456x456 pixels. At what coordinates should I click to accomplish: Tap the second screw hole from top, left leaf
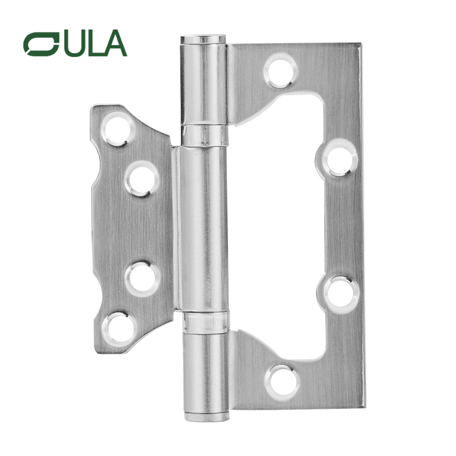(141, 178)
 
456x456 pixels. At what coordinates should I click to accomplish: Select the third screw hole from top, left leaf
(141, 279)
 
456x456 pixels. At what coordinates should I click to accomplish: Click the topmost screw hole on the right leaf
(280, 71)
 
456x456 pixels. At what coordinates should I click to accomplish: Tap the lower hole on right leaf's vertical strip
(341, 292)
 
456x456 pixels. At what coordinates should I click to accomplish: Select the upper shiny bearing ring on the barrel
(203, 135)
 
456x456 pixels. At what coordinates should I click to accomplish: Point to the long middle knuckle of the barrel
(202, 228)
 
